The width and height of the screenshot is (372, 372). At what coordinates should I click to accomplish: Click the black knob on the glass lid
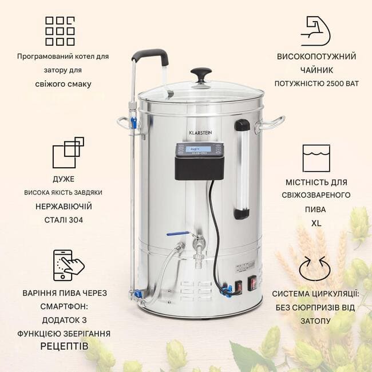pos(201,74)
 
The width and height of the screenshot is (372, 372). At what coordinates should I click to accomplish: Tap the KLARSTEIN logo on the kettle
pos(200,133)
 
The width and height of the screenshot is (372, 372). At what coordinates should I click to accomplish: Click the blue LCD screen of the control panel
pos(199,149)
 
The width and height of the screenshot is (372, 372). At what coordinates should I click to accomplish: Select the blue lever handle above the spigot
pos(178,234)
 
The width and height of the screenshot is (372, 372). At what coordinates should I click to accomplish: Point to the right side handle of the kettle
pos(270,124)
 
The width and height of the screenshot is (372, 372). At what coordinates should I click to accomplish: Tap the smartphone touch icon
pos(68,265)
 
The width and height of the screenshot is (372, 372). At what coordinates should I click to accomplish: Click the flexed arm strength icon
pos(316,31)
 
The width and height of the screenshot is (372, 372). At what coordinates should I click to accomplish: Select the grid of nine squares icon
pos(60,31)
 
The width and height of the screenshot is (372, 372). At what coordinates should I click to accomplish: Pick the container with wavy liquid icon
pos(316,158)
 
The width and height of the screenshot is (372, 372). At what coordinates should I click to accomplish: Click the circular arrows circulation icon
pos(315,268)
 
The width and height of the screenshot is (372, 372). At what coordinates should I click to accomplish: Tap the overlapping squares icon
pos(68,153)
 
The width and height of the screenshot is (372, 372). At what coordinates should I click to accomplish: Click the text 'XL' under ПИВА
pos(316,223)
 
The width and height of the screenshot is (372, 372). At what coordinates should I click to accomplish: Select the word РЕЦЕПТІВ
pos(64,346)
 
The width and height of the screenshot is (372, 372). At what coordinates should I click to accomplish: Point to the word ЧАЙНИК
pos(316,70)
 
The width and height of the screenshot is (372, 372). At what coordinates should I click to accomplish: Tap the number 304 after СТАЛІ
pos(76,220)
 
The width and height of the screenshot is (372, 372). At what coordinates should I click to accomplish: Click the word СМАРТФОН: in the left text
pos(64,307)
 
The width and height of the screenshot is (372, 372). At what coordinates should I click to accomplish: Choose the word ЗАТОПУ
pos(315,321)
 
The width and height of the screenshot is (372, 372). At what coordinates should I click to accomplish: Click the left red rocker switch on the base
pos(239,286)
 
